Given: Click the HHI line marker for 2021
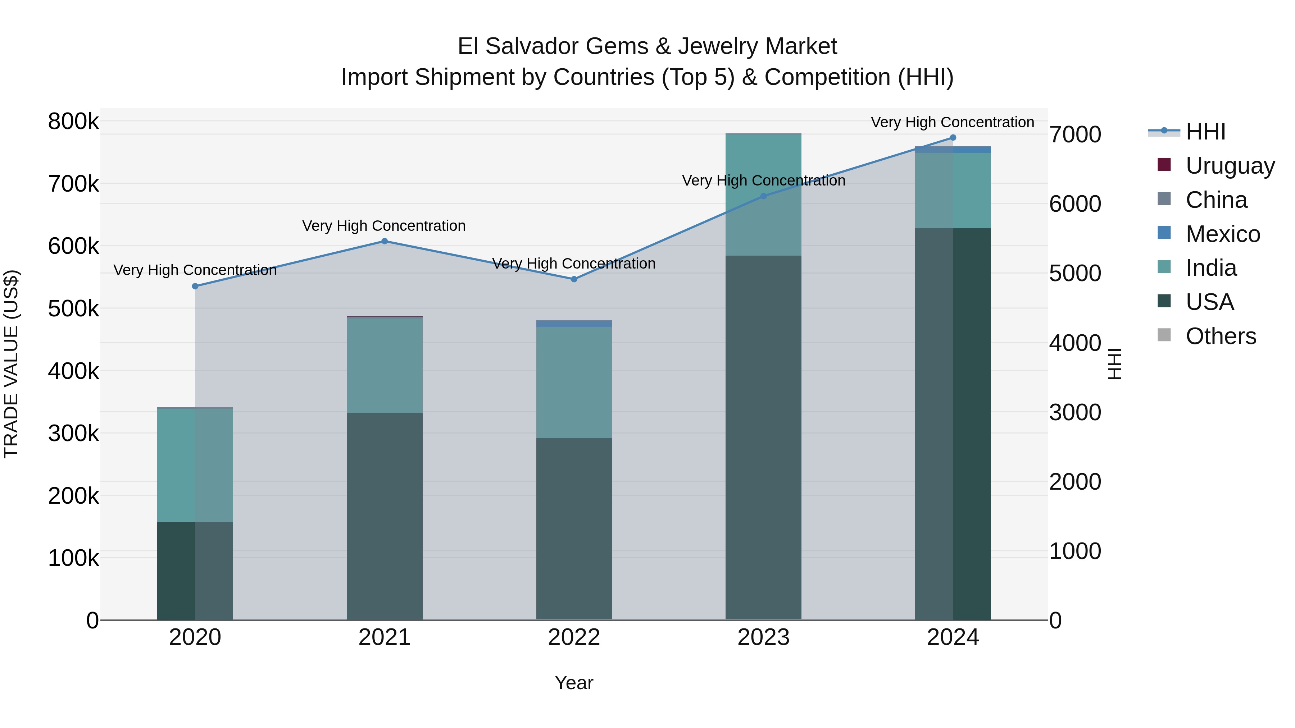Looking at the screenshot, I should [x=385, y=241].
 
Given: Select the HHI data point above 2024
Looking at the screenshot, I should [x=953, y=138].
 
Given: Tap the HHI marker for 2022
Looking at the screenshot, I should [x=574, y=279].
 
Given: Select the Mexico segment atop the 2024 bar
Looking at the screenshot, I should [x=953, y=149].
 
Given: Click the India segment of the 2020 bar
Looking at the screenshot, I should [x=195, y=465].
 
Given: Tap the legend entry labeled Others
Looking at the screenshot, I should [x=1220, y=336].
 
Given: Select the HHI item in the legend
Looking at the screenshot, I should [x=1205, y=132].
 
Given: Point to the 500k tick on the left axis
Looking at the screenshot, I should [x=73, y=308].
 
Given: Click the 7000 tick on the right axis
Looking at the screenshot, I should [x=1075, y=135].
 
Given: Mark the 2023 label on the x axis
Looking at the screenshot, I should [x=763, y=637].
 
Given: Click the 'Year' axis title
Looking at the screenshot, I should [x=574, y=683].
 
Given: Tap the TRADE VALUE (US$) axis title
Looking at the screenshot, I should [x=12, y=364].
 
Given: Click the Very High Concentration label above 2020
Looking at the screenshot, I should [x=195, y=270].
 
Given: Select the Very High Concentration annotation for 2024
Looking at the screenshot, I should [x=952, y=123].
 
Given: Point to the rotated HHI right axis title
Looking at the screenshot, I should [x=1114, y=364].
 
